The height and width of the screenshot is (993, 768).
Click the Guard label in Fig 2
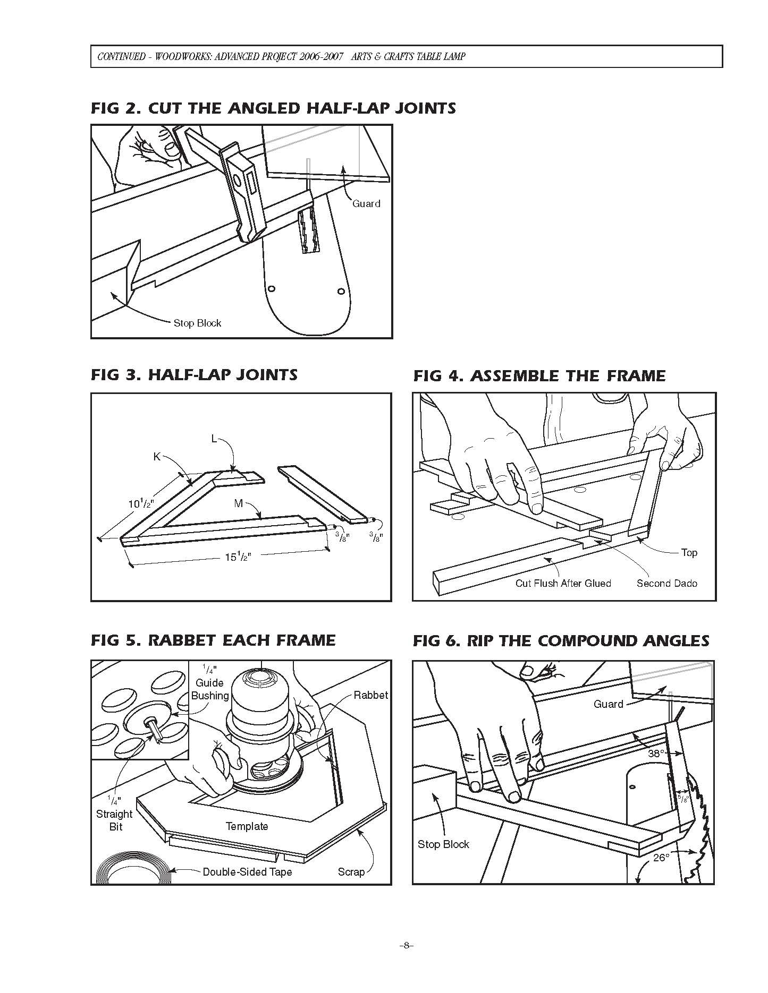366,203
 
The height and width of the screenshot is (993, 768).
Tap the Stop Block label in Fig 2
197,323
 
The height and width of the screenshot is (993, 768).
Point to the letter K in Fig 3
157,457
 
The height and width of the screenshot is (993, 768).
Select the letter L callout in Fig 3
214,439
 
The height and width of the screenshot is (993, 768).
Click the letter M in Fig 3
239,503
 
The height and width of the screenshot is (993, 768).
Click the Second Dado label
666,583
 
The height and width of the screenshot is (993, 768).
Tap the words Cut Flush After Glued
563,583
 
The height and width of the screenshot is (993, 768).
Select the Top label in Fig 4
689,552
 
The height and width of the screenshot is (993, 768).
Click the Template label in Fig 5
247,826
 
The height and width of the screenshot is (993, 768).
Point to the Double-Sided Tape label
247,872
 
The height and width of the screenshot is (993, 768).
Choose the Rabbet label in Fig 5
370,695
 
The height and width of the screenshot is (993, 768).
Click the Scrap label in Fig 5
351,872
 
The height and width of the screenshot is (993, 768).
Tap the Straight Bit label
114,820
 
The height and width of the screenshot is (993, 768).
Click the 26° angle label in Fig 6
661,858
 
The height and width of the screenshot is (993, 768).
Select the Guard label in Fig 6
608,704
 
